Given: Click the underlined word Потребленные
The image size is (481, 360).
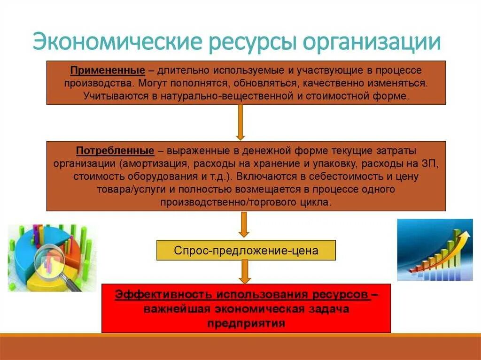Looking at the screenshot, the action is point(115,151).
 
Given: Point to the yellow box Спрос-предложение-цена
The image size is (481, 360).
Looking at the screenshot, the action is point(246,251).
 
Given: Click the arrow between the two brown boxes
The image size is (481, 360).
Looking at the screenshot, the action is point(240,122).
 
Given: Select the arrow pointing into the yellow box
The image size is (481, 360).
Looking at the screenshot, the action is point(243,225).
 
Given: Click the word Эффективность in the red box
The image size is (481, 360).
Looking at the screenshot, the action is point(163,295).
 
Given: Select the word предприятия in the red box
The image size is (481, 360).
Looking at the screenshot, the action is point(246,323).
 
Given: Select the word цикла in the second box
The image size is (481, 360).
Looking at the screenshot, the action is point(316,202).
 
